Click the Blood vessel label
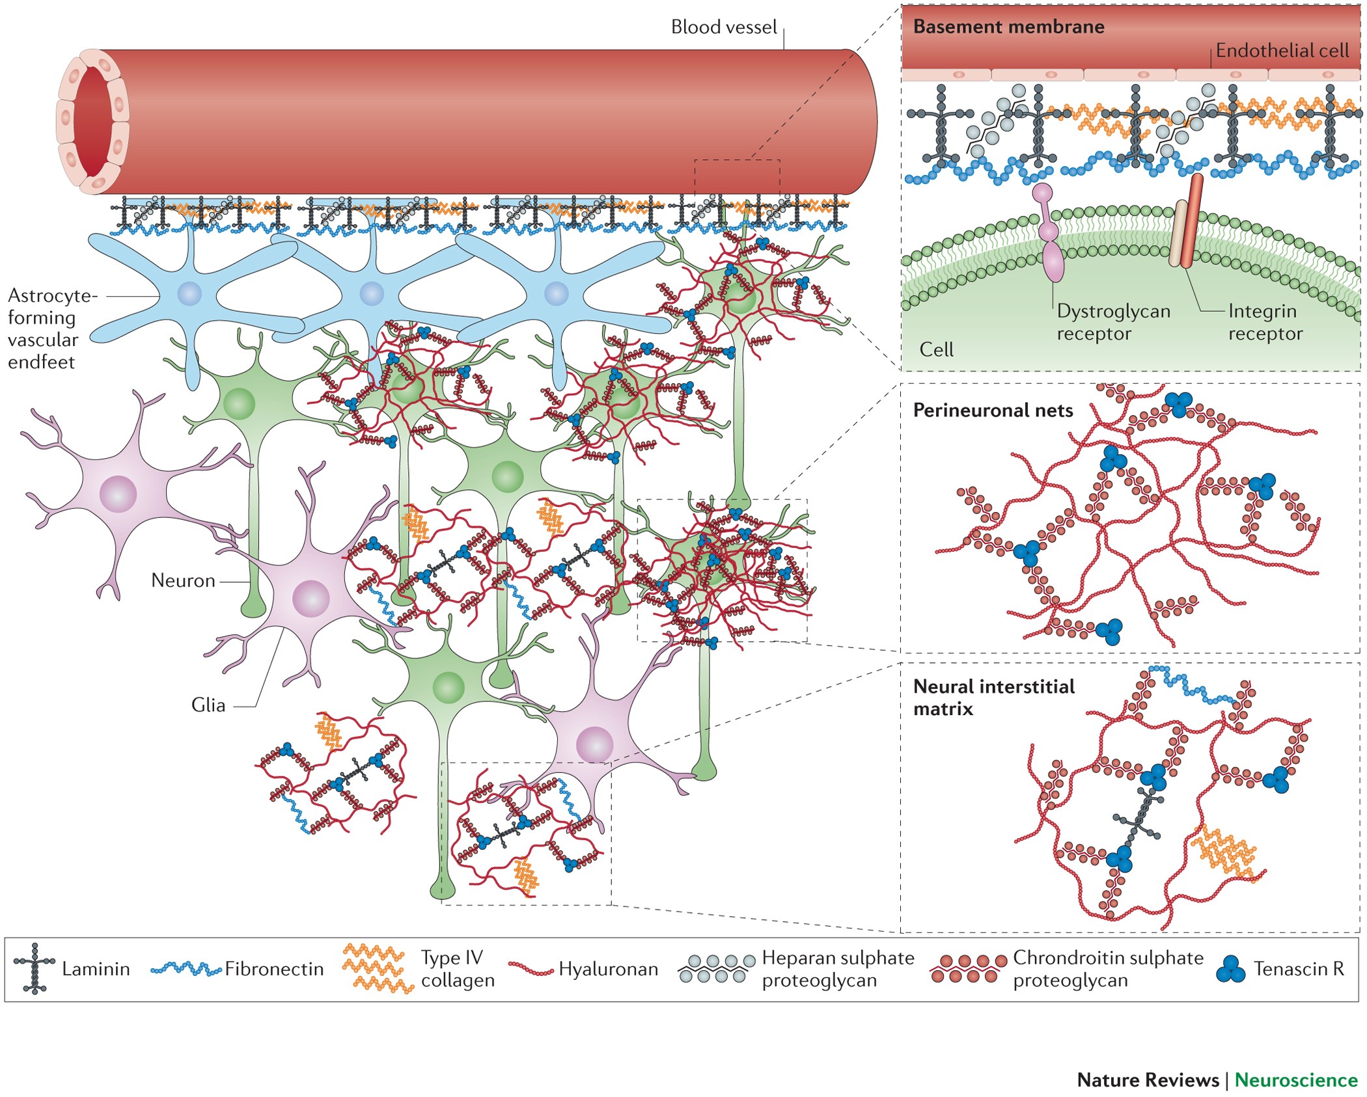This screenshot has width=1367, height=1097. [x=723, y=27]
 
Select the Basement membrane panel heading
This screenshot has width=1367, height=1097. [x=1008, y=27]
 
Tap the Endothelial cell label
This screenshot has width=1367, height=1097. [x=1282, y=51]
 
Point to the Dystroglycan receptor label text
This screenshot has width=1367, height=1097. [x=1112, y=322]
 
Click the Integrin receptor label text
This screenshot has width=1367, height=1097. [x=1264, y=322]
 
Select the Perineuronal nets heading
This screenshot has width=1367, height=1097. [x=993, y=411]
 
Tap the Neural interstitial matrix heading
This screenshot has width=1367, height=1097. [x=993, y=697]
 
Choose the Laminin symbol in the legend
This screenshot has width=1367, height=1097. [x=35, y=969]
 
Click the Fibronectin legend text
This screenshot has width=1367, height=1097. [x=274, y=969]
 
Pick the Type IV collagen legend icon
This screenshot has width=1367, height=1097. [x=378, y=968]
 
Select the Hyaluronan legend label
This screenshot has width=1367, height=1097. [x=608, y=969]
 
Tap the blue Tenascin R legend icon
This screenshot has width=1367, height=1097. [x=1230, y=969]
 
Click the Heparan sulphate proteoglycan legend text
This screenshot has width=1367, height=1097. [x=838, y=969]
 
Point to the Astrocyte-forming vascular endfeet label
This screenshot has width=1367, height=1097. [x=52, y=329]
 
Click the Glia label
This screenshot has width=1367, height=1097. [x=208, y=705]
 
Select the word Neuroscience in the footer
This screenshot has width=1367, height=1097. [x=1295, y=1080]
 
